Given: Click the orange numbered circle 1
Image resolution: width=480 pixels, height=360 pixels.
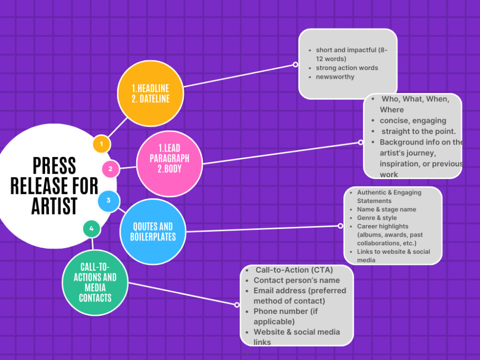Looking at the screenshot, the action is coord(102,144).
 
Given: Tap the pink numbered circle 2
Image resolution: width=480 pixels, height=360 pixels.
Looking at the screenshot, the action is coord(110,168).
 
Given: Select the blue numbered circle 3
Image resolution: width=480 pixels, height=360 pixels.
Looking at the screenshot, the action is coord(108,201).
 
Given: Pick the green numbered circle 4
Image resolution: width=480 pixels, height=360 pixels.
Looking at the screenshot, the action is coord(92,228).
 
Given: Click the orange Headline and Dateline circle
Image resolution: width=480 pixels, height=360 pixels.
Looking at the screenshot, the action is coord(151,94).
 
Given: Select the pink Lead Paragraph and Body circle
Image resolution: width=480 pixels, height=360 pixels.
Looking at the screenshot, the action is coord(169,164).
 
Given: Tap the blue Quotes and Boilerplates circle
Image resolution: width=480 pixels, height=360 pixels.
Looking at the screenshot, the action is coord(153,232).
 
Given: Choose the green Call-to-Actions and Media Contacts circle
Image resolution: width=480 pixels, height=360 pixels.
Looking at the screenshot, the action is coord(95,283).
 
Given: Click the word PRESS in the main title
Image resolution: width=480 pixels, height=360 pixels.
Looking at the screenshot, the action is coord(55,166).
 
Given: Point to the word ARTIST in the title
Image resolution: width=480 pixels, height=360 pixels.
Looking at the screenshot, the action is coord(55,206).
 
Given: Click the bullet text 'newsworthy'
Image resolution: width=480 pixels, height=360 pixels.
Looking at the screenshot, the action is coord(335,77).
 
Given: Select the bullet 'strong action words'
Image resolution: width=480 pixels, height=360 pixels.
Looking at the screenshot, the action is coord(347,68).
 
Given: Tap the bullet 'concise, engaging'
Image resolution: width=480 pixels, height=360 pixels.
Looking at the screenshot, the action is coord(413,120).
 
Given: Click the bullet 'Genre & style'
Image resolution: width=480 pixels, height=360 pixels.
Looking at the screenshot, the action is coord(377,218).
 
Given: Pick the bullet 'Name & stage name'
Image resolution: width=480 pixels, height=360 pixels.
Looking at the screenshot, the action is coord(386,209).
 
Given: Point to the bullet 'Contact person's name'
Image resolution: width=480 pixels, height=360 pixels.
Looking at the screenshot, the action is coord(297,280).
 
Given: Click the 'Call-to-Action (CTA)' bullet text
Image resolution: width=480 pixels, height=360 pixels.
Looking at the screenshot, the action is coord(294,270).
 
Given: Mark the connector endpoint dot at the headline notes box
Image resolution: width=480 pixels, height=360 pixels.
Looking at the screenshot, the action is coord(295,65).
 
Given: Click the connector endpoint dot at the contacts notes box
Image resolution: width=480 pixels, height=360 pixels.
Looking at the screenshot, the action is coord(237,305).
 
